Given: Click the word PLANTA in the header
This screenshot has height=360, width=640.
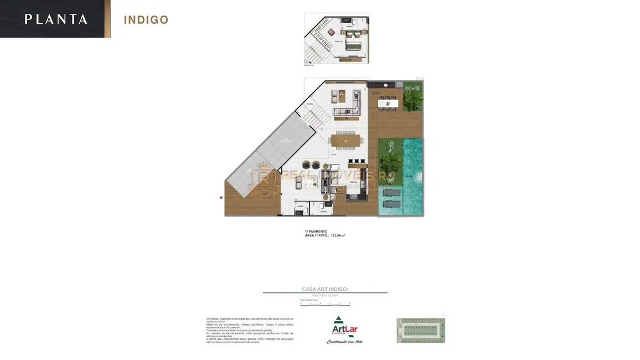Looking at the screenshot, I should (x=55, y=19).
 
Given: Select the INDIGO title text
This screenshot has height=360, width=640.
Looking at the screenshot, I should (x=146, y=20).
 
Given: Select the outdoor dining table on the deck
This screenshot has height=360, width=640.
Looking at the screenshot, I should (x=388, y=102).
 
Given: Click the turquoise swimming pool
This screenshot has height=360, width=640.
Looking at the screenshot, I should (x=412, y=172).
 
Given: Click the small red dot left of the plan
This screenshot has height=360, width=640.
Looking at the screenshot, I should (x=221, y=197).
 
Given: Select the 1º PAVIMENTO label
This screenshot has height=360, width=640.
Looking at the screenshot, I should (x=316, y=232).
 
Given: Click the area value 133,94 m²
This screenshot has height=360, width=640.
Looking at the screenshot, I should (x=338, y=235).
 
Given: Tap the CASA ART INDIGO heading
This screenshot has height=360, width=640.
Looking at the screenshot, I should (x=325, y=289).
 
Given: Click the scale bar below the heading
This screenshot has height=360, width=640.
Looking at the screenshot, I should (x=325, y=304).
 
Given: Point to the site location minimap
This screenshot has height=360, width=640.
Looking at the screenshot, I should (x=421, y=330).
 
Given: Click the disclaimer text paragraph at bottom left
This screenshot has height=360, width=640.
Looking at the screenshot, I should (x=250, y=331).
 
